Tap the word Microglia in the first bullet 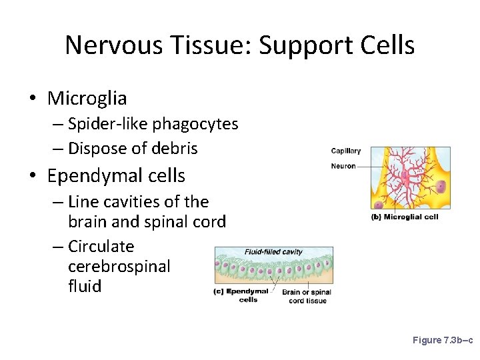click(x=87, y=99)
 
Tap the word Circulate click(x=101, y=247)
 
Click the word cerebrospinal click(x=119, y=267)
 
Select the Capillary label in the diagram click(x=345, y=151)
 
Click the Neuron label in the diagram click(x=343, y=166)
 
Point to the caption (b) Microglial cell click(x=405, y=217)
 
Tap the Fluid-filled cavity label click(x=273, y=252)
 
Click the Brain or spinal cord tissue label click(x=307, y=296)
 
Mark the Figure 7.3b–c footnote click(x=442, y=340)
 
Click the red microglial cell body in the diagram click(x=405, y=177)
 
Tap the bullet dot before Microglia click(x=32, y=99)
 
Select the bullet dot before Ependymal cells click(x=32, y=177)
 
